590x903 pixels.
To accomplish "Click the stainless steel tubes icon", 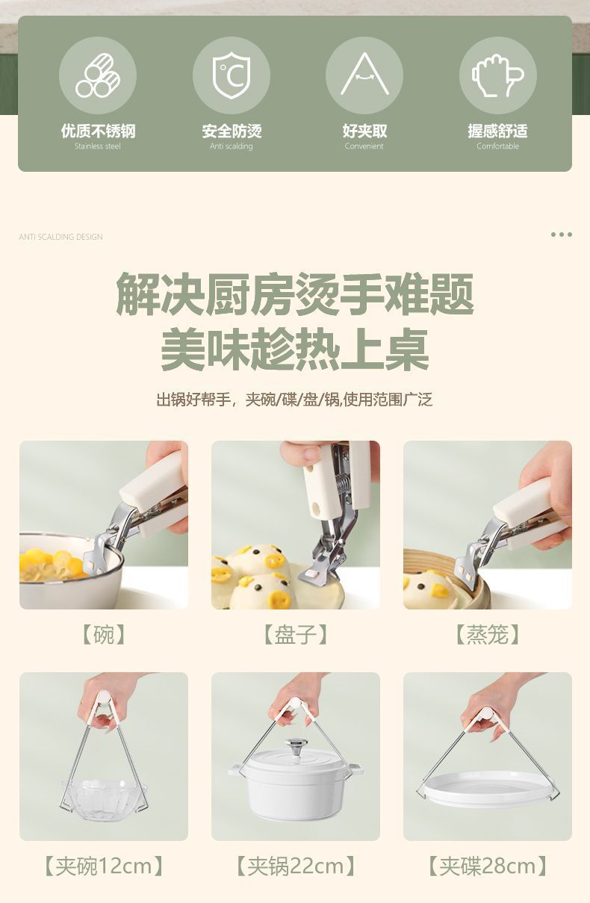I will pyautogui.click(x=98, y=76).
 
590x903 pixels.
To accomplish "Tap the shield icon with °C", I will pyautogui.click(x=231, y=76).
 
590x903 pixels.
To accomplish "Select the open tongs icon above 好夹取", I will pyautogui.click(x=364, y=75).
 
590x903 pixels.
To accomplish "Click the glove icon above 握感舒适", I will pyautogui.click(x=497, y=76).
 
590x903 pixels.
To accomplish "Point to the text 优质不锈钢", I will pyautogui.click(x=98, y=131).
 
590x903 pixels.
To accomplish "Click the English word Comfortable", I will pyautogui.click(x=497, y=146).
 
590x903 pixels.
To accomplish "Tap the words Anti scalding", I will pyautogui.click(x=231, y=146).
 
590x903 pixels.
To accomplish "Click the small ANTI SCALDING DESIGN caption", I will pyautogui.click(x=60, y=237).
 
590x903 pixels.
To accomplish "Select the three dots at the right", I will pyautogui.click(x=561, y=235).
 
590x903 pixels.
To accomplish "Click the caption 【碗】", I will pyautogui.click(x=104, y=635).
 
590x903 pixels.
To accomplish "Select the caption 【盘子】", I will pyautogui.click(x=295, y=635).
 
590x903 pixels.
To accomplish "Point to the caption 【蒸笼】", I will pyautogui.click(x=487, y=635).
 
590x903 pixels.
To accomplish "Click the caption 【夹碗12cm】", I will pyautogui.click(x=104, y=866).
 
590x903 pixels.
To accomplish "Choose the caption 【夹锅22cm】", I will pyautogui.click(x=295, y=866).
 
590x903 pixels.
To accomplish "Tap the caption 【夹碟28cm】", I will pyautogui.click(x=487, y=866).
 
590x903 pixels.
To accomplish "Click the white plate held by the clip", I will pyautogui.click(x=487, y=788).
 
